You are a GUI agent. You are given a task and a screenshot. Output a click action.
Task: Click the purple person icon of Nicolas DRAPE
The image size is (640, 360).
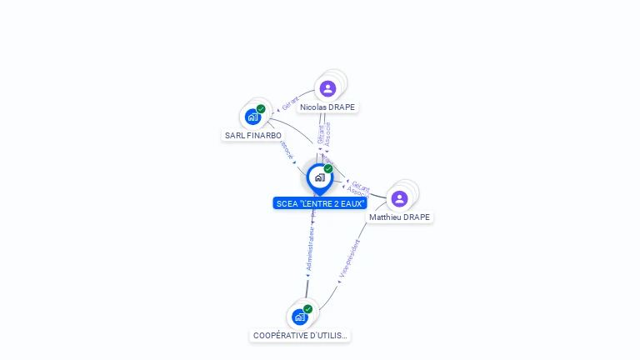tap(327, 88)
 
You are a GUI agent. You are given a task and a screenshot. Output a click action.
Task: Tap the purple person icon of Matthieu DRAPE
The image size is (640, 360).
tap(399, 198)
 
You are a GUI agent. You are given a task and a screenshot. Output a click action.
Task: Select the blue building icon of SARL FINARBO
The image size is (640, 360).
tap(252, 117)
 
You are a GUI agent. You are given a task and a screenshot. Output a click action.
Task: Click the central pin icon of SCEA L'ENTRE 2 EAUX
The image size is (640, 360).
tap(319, 177)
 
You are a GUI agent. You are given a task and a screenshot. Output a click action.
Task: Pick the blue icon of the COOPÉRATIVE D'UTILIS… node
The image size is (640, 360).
tap(300, 317)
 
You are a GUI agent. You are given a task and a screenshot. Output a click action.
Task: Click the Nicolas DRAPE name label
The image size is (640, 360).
tap(327, 107)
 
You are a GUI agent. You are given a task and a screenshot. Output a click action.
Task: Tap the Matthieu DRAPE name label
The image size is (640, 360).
tap(400, 217)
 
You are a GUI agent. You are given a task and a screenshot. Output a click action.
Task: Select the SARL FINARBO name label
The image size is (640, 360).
tap(253, 135)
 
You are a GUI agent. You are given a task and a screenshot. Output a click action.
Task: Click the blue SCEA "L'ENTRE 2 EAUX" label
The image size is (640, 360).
tap(320, 203)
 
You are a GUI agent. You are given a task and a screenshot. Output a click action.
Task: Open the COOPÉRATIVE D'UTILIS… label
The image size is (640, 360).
tap(301, 336)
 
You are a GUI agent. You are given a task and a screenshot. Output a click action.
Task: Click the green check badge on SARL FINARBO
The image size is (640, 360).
tap(261, 109)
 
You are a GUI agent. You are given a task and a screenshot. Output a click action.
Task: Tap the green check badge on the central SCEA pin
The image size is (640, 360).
tap(328, 168)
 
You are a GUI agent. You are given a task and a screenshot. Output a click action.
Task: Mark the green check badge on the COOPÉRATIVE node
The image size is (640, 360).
tap(308, 309)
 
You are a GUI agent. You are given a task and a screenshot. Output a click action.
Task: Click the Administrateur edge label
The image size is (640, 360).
tap(310, 247)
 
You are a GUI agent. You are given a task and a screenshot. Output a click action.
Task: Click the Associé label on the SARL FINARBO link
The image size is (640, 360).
tap(287, 150)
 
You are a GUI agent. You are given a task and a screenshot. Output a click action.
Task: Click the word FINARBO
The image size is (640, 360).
tap(262, 135)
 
